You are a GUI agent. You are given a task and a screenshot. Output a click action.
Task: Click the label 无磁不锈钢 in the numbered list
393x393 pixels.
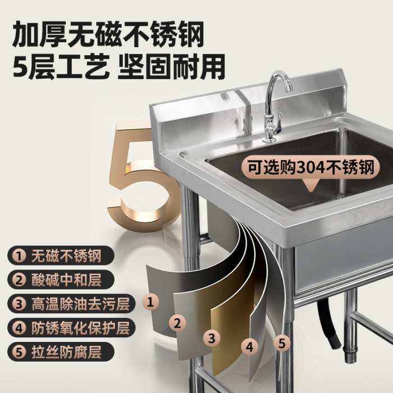coord(66,255)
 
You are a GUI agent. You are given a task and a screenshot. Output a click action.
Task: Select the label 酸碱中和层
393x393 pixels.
coord(66,280)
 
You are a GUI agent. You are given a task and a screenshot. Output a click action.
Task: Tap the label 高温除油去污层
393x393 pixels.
coord(80,304)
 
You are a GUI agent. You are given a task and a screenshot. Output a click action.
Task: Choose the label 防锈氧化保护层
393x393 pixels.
coord(80,328)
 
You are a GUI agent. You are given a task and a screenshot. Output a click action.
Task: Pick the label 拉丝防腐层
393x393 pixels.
coord(66,352)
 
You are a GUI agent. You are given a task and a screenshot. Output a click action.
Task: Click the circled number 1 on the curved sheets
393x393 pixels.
coord(150,301)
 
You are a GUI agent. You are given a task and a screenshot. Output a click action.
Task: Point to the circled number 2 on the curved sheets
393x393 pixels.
coord(177,323)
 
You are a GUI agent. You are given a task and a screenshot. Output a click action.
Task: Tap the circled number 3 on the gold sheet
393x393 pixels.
coord(212,338)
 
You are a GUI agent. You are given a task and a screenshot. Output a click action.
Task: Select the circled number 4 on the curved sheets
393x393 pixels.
coord(249,347)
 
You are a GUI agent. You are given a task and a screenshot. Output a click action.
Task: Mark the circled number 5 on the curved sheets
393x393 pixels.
coord(282,343)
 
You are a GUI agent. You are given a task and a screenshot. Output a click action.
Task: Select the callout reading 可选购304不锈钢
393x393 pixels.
coord(310,167)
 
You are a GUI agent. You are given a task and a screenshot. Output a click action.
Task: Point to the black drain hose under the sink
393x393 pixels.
coord(328,323)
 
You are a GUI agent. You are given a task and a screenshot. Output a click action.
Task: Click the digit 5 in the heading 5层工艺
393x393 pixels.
coord(20,66)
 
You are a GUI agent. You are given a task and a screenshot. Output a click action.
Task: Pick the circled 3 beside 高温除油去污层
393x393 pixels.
coord(19,304)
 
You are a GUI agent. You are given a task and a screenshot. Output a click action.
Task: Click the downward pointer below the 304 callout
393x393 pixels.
coord(310,185)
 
